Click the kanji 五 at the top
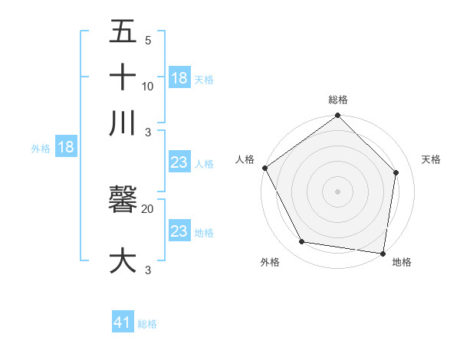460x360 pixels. pyautogui.click(x=123, y=31)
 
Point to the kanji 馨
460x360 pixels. pyautogui.click(x=123, y=199)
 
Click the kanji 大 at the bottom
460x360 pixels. pyautogui.click(x=123, y=260)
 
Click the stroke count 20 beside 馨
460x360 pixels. pyautogui.click(x=148, y=208)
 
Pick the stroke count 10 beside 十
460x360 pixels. pyautogui.click(x=148, y=86)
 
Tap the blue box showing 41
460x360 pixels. pyautogui.click(x=123, y=323)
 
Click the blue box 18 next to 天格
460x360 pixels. pyautogui.click(x=179, y=78)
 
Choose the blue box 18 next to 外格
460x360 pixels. pyautogui.click(x=66, y=148)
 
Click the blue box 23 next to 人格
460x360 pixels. pyautogui.click(x=179, y=162)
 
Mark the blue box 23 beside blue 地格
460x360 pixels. pyautogui.click(x=179, y=231)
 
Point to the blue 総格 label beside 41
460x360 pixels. pyautogui.click(x=147, y=324)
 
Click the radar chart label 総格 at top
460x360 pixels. pyautogui.click(x=338, y=100)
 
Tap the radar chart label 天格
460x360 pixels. pyautogui.click(x=431, y=159)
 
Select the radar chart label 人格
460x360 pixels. pyautogui.click(x=245, y=159)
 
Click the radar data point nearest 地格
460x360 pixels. pyautogui.click(x=383, y=253)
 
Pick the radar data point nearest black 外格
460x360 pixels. pyautogui.click(x=302, y=242)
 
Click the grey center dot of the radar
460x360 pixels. pyautogui.click(x=338, y=191)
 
